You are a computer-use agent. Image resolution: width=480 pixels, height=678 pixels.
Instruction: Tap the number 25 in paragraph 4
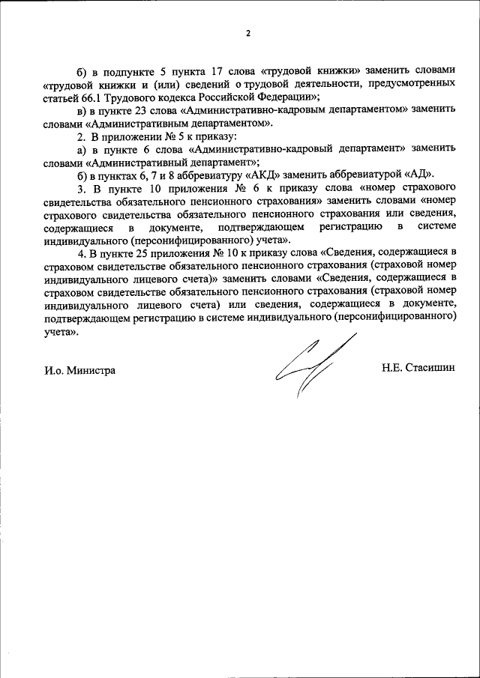click(144, 256)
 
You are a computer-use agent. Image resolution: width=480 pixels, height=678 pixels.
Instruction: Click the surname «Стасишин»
click(430, 370)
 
